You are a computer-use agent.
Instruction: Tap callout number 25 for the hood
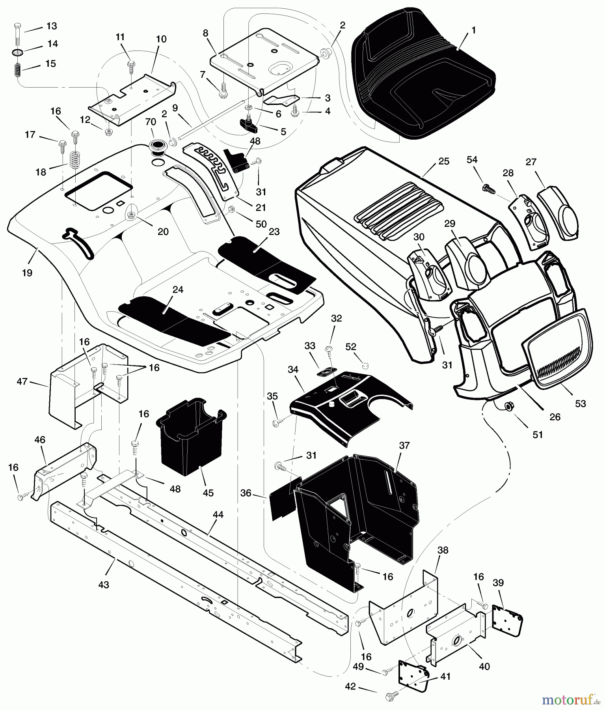tap(443, 162)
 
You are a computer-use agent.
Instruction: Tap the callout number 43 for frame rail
tap(103, 585)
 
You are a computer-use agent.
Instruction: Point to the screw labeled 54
tap(488, 188)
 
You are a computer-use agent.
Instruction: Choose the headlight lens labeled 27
tap(559, 213)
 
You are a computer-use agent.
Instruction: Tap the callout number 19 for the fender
tap(27, 273)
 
